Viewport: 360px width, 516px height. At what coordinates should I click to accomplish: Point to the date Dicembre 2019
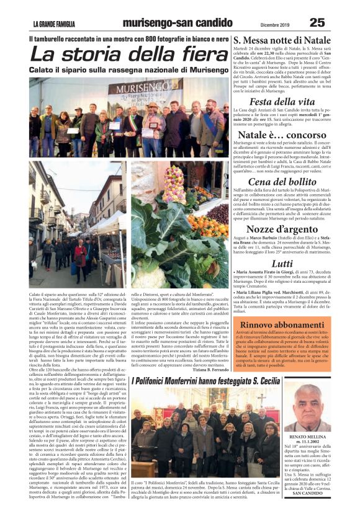tap(275, 24)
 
